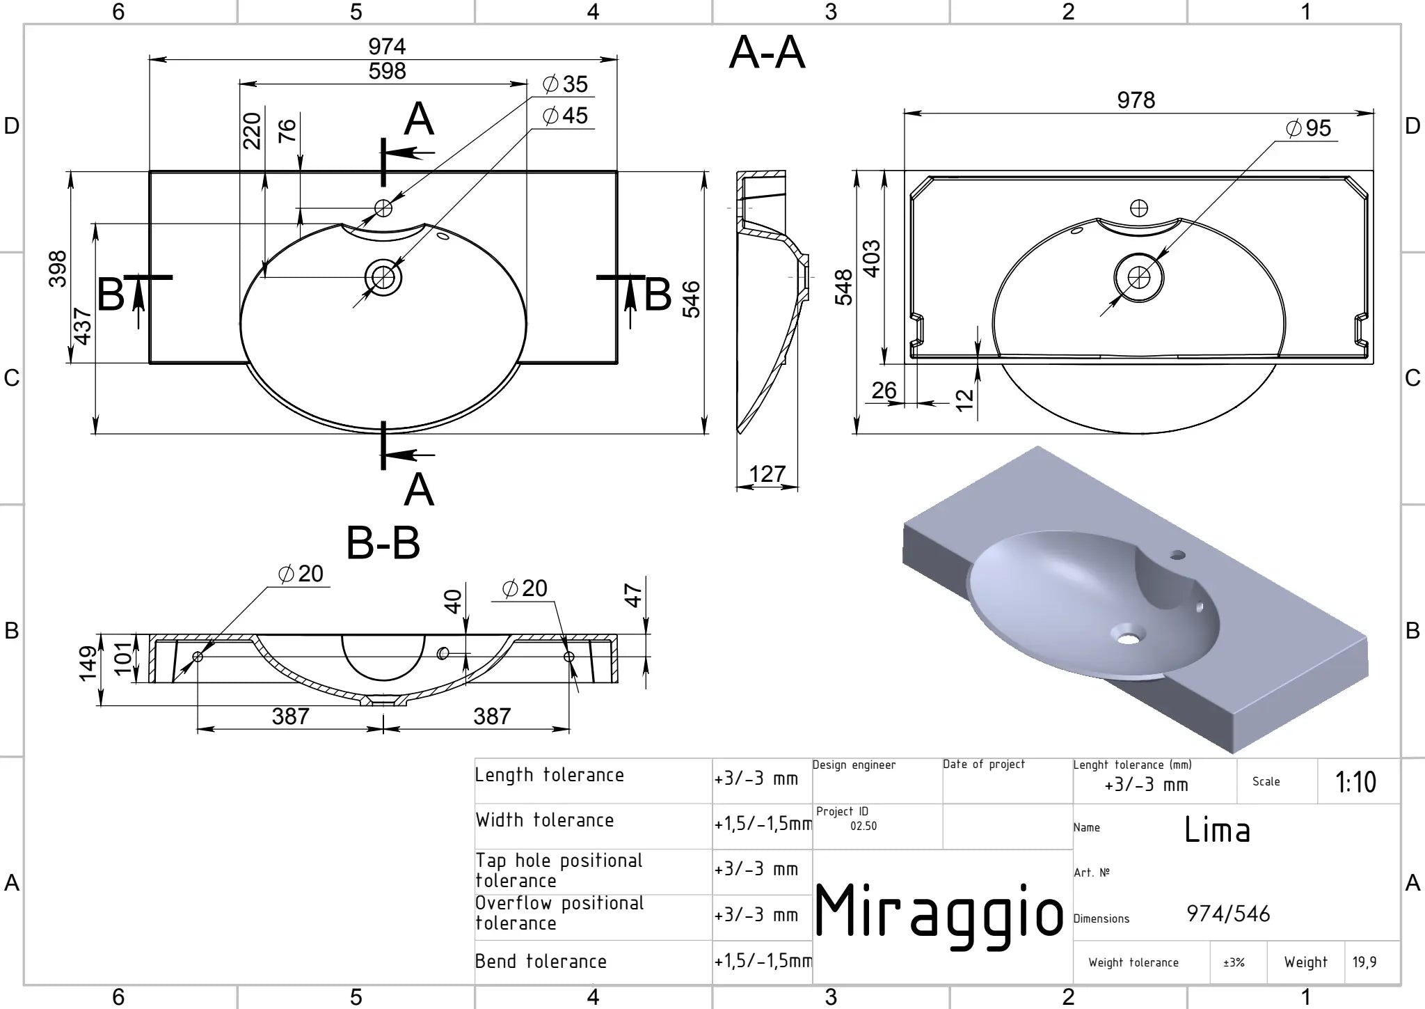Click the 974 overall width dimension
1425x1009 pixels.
click(387, 47)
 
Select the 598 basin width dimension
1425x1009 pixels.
click(387, 71)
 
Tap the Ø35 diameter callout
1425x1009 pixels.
click(565, 84)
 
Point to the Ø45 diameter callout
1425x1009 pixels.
click(565, 116)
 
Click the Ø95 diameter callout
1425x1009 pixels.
click(1309, 128)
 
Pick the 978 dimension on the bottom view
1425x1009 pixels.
click(1136, 100)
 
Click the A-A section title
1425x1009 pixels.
click(767, 53)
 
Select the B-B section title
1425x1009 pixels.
click(383, 543)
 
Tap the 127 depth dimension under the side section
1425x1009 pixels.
click(767, 474)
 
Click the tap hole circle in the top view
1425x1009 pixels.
click(383, 208)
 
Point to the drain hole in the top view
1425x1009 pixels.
click(383, 278)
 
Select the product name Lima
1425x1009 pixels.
click(1218, 830)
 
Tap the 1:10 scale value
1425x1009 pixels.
click(1355, 782)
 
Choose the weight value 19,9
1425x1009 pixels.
click(1364, 962)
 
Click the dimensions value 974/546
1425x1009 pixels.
click(1228, 914)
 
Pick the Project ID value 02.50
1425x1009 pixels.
click(863, 827)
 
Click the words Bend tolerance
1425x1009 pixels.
click(541, 962)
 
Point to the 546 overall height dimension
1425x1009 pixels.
click(691, 299)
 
